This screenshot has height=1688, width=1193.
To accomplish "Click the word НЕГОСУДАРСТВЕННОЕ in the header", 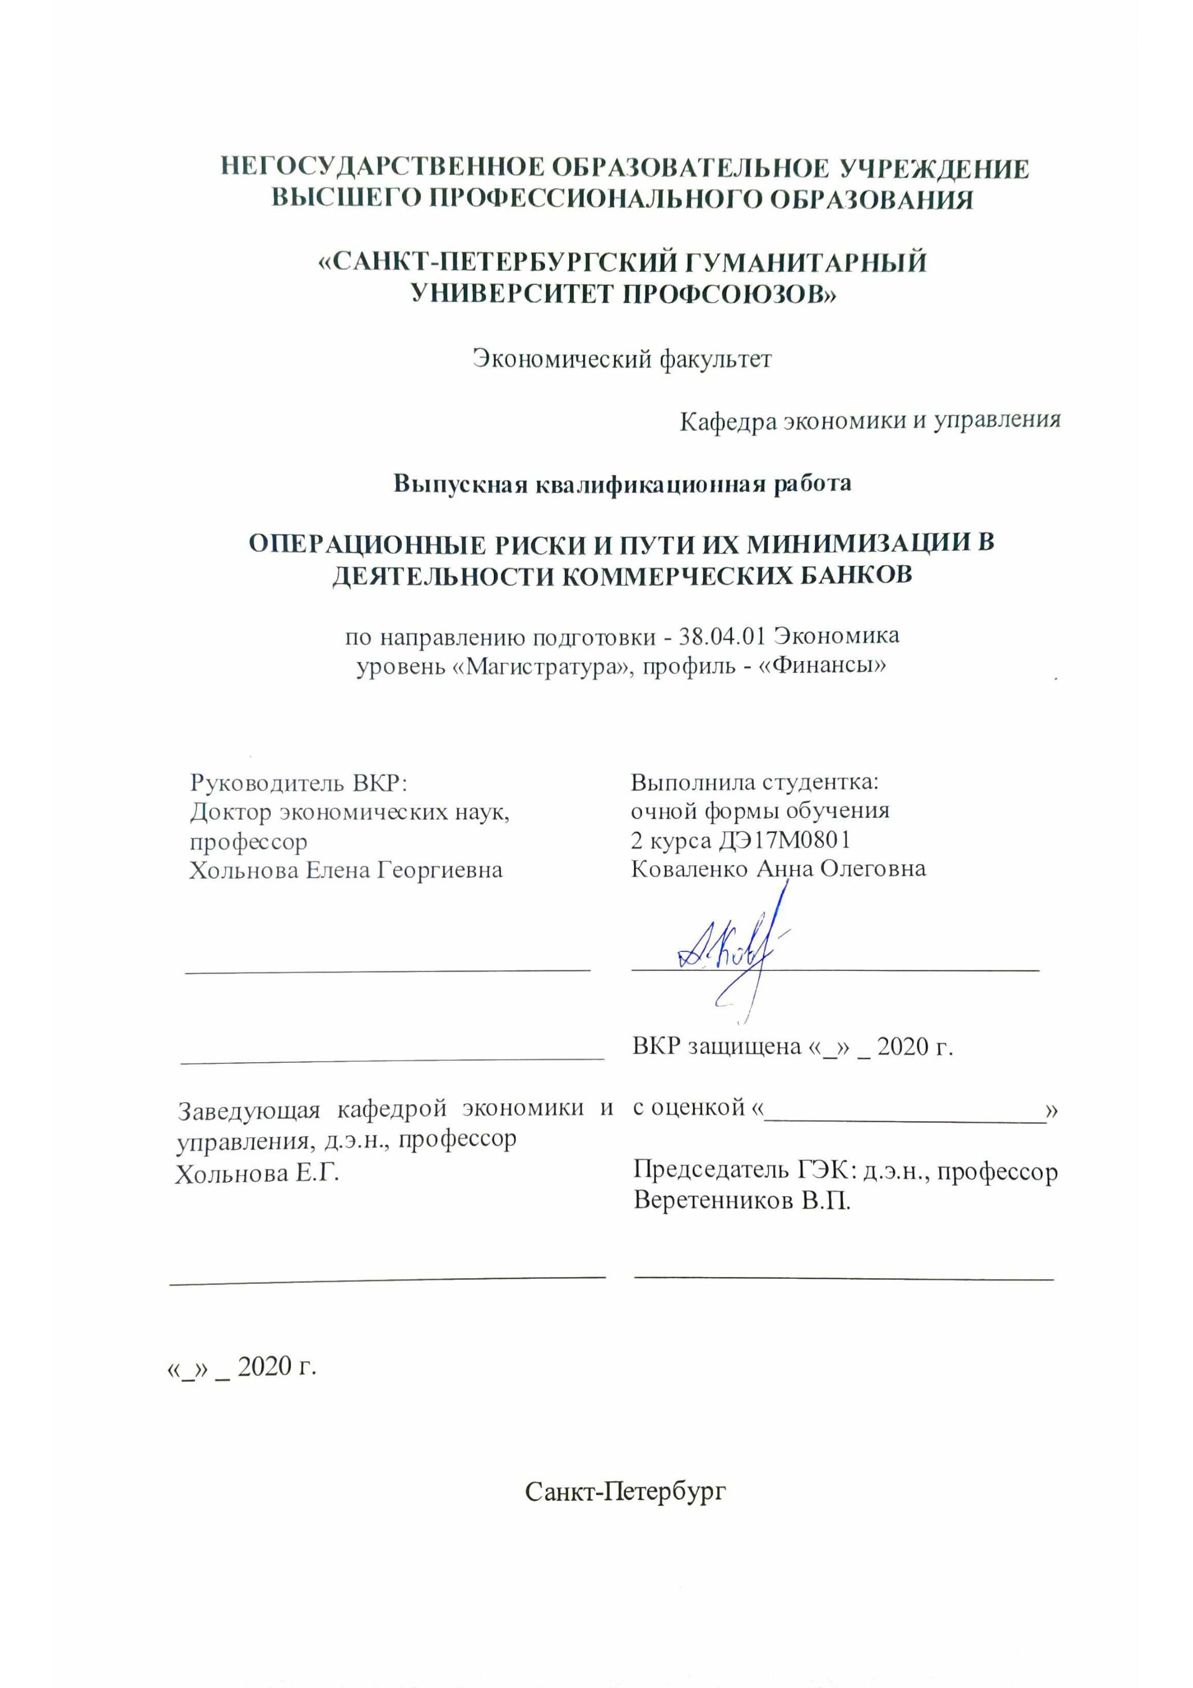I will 382,169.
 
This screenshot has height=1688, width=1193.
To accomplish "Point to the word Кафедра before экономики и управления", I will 726,421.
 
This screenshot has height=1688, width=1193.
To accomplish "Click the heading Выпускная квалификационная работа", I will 622,483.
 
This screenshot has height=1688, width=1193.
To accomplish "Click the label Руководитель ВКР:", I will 299,782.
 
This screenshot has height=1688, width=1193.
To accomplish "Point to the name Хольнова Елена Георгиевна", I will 346,871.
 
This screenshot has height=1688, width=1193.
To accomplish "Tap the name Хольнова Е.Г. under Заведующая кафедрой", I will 257,1174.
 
